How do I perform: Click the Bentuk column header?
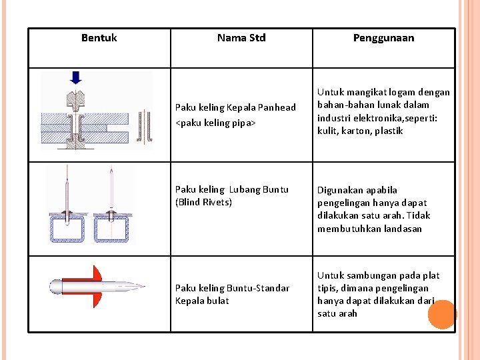pos(99,38)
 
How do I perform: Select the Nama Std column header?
pos(241,38)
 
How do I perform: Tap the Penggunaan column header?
pos(383,38)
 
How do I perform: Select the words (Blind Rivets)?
pos(203,202)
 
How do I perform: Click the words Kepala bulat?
pos(202,301)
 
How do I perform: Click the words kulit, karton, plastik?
pos(360,131)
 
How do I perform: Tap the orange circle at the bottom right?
pos(441,314)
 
